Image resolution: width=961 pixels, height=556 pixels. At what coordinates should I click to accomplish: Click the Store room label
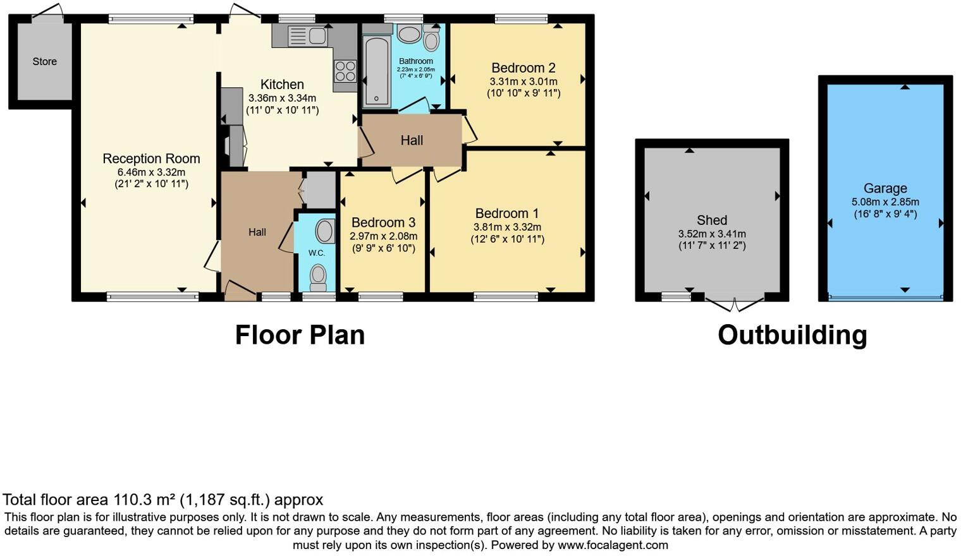click(x=45, y=61)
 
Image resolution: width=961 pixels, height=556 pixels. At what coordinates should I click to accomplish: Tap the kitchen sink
click(x=308, y=36)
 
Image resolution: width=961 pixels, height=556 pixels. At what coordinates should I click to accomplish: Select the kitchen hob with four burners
click(x=345, y=70)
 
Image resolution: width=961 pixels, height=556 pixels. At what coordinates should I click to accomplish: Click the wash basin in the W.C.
click(x=325, y=231)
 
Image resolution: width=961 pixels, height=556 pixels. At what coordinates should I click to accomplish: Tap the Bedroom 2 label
click(x=523, y=68)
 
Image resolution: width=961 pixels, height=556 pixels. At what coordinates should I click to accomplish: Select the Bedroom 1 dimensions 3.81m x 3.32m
click(x=507, y=227)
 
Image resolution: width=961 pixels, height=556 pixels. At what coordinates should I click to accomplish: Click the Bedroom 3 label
click(x=383, y=222)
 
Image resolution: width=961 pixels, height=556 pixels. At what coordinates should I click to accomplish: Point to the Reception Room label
click(x=151, y=159)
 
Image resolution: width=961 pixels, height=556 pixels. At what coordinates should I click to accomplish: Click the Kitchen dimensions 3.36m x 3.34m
click(x=282, y=98)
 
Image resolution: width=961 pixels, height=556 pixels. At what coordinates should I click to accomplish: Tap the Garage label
click(x=885, y=188)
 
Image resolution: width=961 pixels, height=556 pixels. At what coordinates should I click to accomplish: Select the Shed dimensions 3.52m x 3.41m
click(x=712, y=234)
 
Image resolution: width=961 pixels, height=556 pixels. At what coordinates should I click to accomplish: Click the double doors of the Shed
click(x=733, y=306)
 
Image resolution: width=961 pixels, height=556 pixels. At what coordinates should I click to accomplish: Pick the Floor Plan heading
click(x=300, y=335)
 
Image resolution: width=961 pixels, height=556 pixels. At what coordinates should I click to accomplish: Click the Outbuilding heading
click(x=792, y=335)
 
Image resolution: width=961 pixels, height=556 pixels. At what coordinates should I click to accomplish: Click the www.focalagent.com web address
click(x=613, y=545)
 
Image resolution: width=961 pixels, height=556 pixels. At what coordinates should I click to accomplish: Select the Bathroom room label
click(x=415, y=61)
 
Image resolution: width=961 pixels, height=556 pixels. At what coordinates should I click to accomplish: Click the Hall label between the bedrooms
click(x=412, y=140)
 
